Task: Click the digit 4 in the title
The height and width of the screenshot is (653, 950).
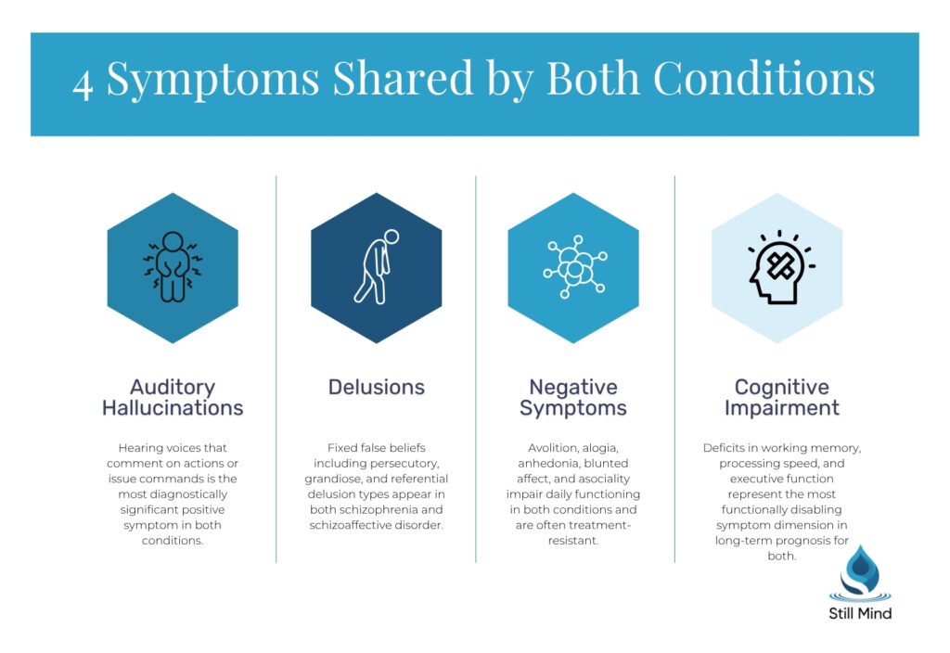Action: click(83, 83)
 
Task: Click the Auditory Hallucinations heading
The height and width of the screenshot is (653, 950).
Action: click(173, 397)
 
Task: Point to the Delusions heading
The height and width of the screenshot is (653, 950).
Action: click(376, 387)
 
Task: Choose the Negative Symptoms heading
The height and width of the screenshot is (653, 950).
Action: click(572, 397)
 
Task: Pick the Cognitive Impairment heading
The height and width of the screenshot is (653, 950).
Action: click(781, 397)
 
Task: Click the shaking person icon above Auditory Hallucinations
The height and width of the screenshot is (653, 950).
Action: click(173, 267)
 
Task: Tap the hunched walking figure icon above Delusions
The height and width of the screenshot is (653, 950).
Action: click(376, 267)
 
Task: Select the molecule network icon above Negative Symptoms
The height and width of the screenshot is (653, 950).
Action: click(573, 268)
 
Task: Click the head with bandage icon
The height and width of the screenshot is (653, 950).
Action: click(777, 267)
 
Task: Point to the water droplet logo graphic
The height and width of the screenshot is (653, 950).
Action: click(860, 575)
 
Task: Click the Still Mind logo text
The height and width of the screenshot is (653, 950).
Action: click(860, 612)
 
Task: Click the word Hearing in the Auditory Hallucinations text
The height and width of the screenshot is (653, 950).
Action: click(140, 447)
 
